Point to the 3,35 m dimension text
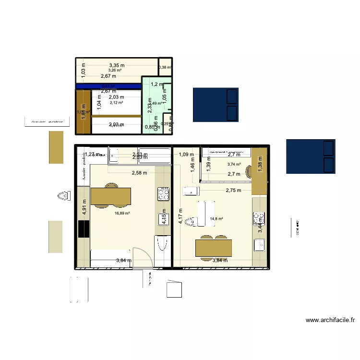tap(116, 65)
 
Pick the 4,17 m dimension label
tap(180, 216)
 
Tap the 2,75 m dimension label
tap(233, 191)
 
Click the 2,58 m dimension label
tap(139, 173)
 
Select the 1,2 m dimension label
tap(157, 84)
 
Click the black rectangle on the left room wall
tap(84, 229)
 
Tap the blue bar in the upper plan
tap(108, 86)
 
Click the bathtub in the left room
tap(161, 245)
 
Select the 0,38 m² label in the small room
tap(165, 67)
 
